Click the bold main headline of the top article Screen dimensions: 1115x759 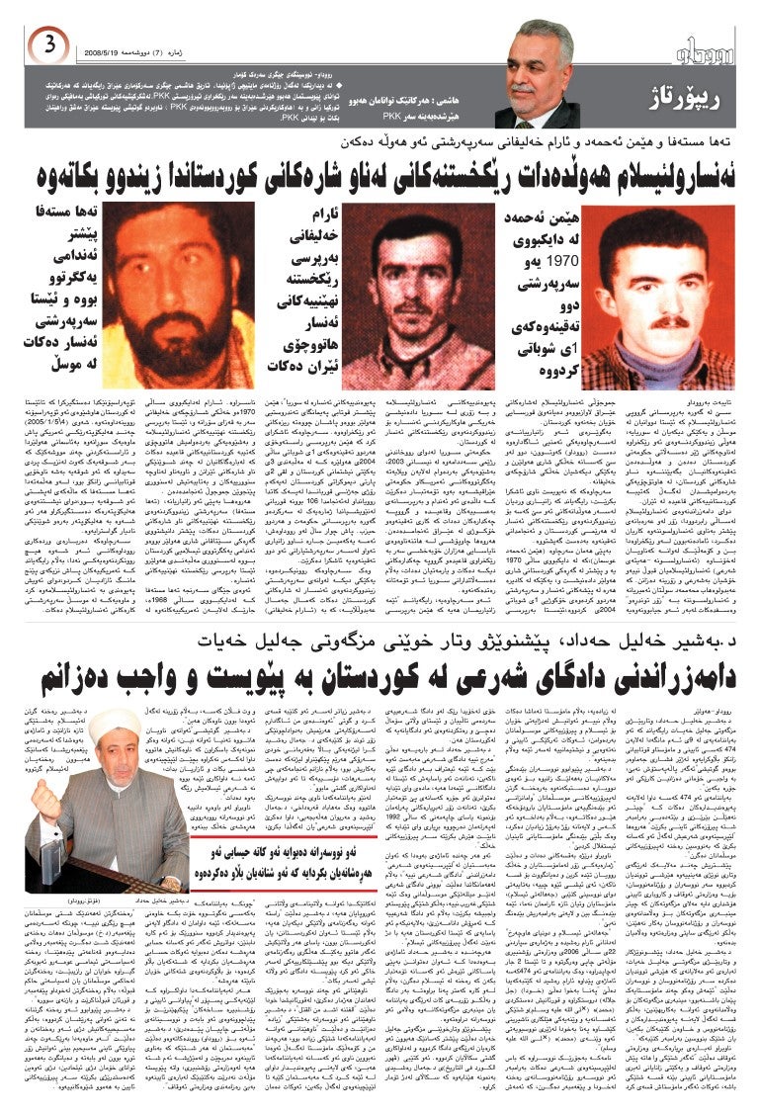379,178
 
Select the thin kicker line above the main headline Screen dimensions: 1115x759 379,142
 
